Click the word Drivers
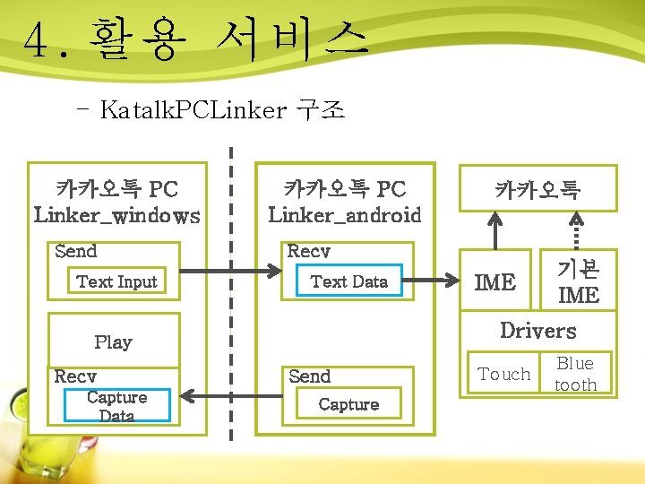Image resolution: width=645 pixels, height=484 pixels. click(538, 330)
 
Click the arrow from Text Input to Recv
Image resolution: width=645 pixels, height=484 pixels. click(231, 271)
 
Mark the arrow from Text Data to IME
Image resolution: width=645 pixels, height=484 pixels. click(431, 281)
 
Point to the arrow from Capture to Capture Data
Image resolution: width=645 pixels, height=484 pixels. click(232, 396)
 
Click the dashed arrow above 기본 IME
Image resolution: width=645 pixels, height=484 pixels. click(576, 230)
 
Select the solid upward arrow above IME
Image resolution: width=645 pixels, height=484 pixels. click(494, 230)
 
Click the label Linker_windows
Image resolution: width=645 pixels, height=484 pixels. click(116, 216)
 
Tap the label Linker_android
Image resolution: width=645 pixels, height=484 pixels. click(345, 215)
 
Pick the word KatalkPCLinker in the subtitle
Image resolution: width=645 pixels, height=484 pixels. click(193, 110)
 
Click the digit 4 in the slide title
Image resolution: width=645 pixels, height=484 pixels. click(36, 40)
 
